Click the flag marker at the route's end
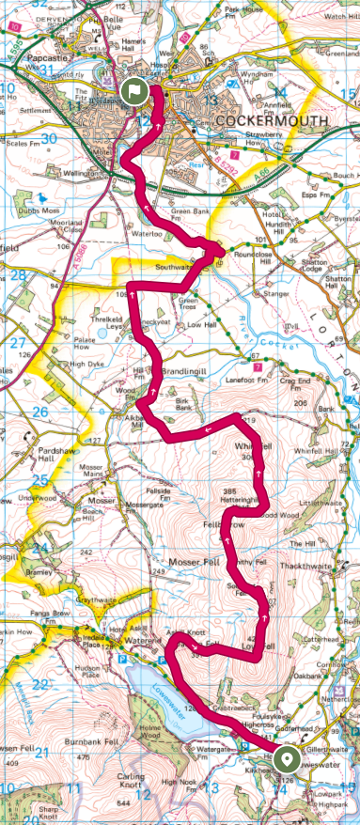point(133,91)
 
